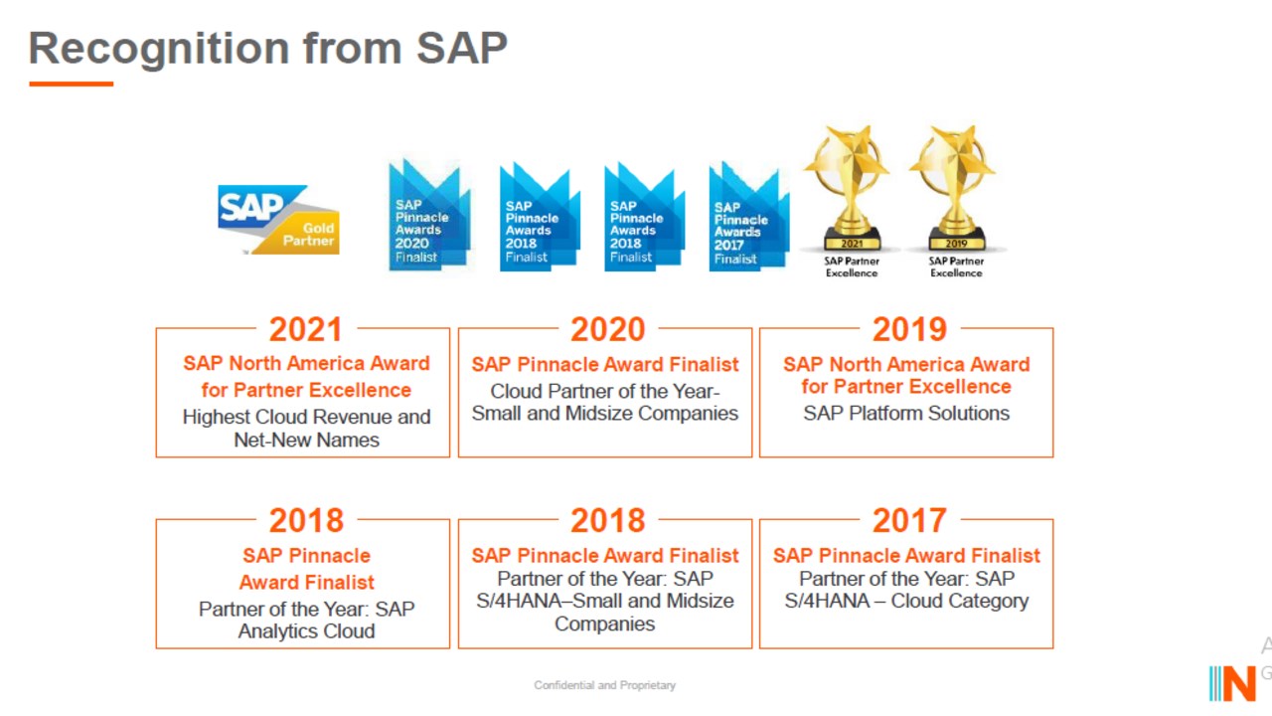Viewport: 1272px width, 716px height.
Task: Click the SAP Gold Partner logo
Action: pyautogui.click(x=278, y=220)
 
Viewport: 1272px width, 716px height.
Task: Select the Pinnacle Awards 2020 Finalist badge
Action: pyautogui.click(x=429, y=215)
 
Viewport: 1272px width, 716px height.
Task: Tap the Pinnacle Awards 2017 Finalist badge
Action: pyautogui.click(x=749, y=216)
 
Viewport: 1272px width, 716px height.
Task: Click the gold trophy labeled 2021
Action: pyautogui.click(x=850, y=188)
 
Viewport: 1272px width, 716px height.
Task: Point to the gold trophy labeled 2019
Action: pyautogui.click(x=955, y=188)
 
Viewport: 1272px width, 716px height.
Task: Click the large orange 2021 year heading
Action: pyautogui.click(x=306, y=329)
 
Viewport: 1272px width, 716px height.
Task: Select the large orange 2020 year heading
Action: pyautogui.click(x=607, y=329)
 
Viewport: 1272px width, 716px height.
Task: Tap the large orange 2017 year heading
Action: pyautogui.click(x=909, y=520)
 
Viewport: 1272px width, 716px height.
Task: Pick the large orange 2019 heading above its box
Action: pyautogui.click(x=909, y=329)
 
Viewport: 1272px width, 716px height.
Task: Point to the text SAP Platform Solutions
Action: pyautogui.click(x=906, y=413)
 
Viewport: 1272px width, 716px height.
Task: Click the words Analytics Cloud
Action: pyautogui.click(x=307, y=631)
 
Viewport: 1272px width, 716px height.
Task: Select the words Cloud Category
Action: pyautogui.click(x=960, y=601)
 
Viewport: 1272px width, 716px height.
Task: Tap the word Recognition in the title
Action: pyautogui.click(x=159, y=50)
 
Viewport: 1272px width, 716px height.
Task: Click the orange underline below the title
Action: pyautogui.click(x=71, y=85)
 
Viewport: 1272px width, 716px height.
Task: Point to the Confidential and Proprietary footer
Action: pyautogui.click(x=605, y=685)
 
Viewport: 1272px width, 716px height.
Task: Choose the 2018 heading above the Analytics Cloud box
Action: pyautogui.click(x=306, y=520)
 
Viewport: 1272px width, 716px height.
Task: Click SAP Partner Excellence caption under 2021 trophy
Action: pyautogui.click(x=852, y=268)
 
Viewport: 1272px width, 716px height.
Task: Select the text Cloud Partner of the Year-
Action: pyautogui.click(x=605, y=391)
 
